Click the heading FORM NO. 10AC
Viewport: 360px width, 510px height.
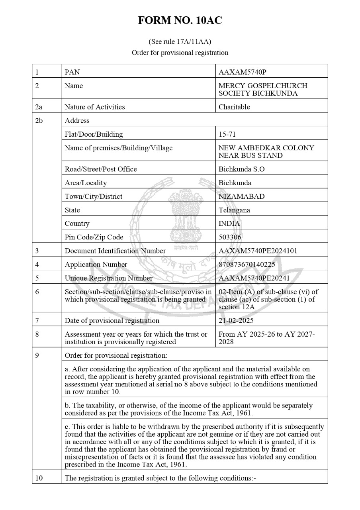(x=180, y=21)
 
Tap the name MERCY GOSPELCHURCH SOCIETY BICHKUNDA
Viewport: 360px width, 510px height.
(x=263, y=90)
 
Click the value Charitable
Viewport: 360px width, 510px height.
(x=234, y=107)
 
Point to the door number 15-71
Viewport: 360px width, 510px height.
(x=227, y=134)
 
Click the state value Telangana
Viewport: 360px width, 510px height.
(x=234, y=210)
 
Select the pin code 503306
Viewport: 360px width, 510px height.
(x=230, y=237)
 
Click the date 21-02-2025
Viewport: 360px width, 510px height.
(x=236, y=320)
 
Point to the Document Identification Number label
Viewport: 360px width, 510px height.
(x=115, y=251)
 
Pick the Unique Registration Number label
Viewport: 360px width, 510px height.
(x=108, y=278)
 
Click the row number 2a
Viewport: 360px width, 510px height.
(x=39, y=107)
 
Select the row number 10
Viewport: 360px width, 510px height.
(x=39, y=478)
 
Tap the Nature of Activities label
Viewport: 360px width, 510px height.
(x=95, y=107)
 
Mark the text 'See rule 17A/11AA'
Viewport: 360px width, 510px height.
(x=180, y=41)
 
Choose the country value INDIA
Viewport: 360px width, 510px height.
(x=229, y=224)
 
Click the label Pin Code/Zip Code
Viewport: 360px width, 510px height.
(x=94, y=237)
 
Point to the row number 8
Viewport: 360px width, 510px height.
(x=37, y=335)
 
